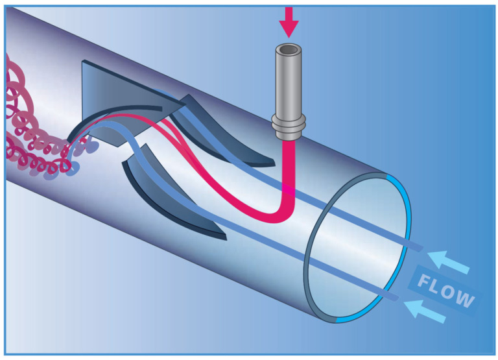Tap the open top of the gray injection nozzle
[289, 49]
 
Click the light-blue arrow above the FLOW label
[449, 262]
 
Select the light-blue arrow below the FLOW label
[425, 312]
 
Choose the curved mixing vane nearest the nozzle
[219, 134]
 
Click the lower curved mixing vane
[171, 194]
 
